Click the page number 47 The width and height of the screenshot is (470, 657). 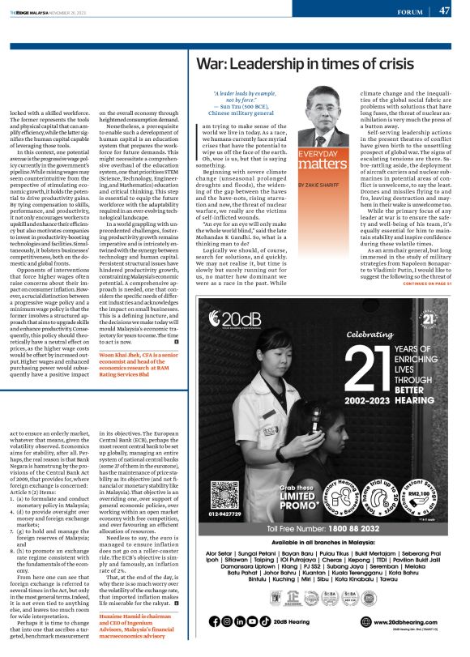[x=445, y=11]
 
